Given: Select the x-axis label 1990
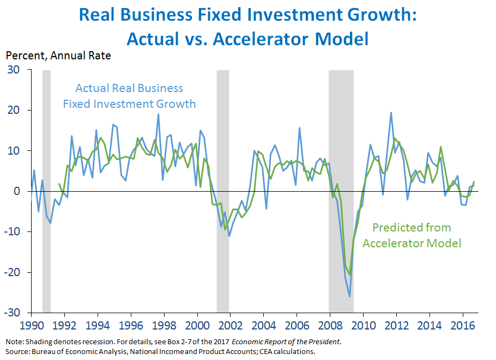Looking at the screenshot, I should [31, 324].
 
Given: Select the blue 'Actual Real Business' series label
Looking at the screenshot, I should [129, 88].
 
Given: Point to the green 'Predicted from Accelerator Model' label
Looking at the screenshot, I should [412, 235].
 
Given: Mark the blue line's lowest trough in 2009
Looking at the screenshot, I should [349, 296].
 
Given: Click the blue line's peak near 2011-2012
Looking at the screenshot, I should [391, 113].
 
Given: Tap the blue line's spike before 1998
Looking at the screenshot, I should [159, 114].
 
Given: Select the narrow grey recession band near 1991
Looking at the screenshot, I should [46, 191].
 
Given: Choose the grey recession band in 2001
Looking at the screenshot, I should [222, 191].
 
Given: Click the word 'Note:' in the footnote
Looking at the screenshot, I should [15, 341].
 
